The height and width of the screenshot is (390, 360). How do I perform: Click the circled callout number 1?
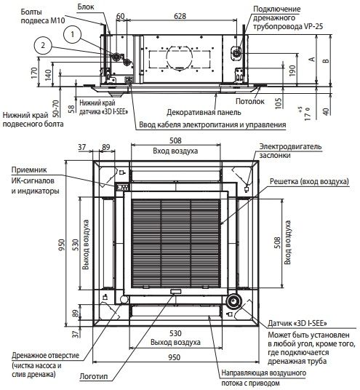(72, 34)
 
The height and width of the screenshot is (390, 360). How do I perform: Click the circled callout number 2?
(43, 45)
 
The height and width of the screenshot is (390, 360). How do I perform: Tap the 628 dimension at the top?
(180, 16)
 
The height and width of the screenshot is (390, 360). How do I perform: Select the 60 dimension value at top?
(120, 16)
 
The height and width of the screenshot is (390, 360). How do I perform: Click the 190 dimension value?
(292, 71)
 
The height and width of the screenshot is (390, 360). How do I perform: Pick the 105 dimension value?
(279, 103)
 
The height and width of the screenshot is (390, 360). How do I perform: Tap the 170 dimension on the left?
(34, 73)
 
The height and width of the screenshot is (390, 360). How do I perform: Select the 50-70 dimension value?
(56, 108)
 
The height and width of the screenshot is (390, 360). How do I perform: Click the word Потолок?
(250, 101)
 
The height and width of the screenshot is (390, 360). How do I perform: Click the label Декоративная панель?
(204, 112)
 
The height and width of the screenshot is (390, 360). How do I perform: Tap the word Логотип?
(94, 376)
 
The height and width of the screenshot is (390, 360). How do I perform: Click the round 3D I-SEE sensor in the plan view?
(233, 301)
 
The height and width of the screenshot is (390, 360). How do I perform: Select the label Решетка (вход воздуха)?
(309, 182)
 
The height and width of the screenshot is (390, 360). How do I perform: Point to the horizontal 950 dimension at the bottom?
(174, 357)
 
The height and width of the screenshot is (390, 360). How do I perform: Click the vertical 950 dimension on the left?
(61, 245)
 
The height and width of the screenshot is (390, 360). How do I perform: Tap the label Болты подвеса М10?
(42, 16)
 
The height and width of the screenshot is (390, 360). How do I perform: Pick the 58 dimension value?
(71, 108)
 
